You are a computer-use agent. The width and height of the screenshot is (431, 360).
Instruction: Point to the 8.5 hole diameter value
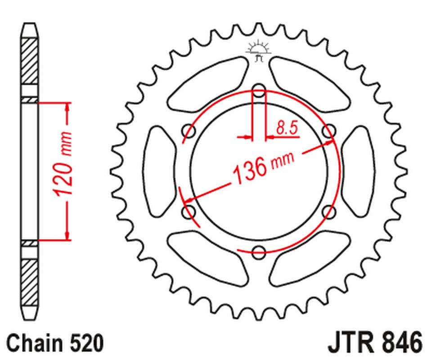click(287, 129)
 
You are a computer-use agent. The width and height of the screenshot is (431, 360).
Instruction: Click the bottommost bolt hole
click(259, 252)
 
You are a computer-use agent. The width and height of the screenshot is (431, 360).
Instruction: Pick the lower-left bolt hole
click(189, 211)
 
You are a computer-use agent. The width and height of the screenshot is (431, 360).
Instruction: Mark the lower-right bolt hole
click(329, 211)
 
